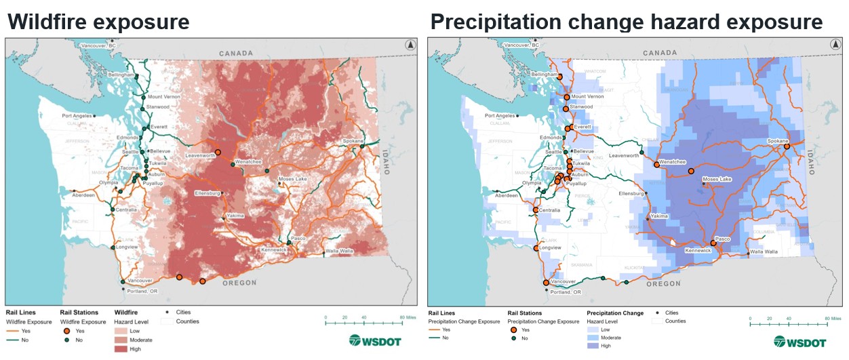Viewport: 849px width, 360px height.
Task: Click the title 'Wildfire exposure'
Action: (98, 22)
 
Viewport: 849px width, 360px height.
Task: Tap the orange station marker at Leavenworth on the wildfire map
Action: (218, 152)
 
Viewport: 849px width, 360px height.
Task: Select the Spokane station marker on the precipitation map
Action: (787, 146)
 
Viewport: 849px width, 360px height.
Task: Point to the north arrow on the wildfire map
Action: (410, 45)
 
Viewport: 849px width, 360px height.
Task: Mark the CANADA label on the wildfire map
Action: (235, 53)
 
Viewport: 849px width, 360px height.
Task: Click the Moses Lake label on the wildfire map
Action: (294, 180)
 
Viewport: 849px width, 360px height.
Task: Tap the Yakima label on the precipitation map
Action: (658, 217)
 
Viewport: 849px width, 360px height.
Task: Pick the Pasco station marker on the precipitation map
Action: (713, 243)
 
